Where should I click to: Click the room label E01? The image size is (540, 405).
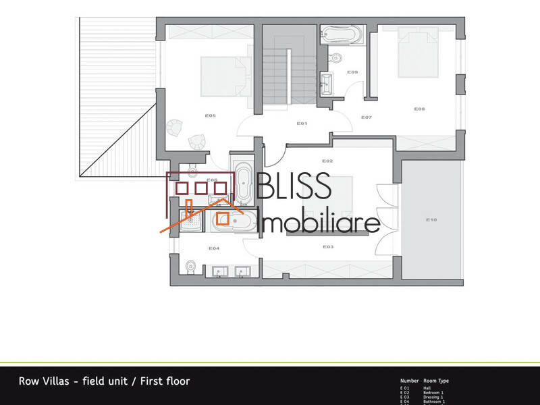tap(302, 124)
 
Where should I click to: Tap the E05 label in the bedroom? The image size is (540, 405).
tap(210, 115)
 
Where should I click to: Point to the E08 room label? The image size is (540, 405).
tap(419, 109)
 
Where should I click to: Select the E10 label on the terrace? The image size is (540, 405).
tap(432, 220)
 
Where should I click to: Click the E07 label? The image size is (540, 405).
tap(367, 117)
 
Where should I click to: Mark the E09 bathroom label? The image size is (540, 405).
tap(352, 72)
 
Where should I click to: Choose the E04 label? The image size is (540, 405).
tap(214, 248)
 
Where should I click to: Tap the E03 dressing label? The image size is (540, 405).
tap(328, 247)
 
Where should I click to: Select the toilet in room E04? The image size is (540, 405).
tap(190, 267)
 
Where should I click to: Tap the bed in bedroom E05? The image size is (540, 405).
tap(221, 75)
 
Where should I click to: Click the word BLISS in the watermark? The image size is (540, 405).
tap(294, 188)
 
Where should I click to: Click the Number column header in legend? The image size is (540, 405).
tap(409, 381)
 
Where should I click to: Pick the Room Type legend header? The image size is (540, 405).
tap(436, 381)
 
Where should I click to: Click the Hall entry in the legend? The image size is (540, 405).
tap(427, 388)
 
